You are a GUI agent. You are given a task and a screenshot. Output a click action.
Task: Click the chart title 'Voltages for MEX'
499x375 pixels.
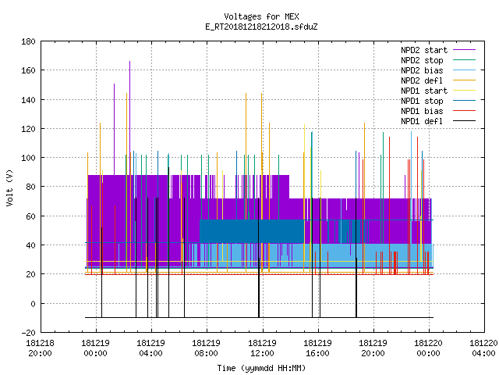[261, 16]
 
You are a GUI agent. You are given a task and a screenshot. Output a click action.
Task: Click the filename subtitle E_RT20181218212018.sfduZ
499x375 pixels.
[261, 27]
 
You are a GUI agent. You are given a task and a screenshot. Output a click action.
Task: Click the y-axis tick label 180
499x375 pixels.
[28, 41]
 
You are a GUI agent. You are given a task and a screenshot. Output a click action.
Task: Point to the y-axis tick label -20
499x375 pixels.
[28, 333]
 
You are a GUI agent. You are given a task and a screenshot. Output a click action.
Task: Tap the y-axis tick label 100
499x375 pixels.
[28, 158]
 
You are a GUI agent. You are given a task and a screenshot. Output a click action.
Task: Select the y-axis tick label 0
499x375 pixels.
[33, 304]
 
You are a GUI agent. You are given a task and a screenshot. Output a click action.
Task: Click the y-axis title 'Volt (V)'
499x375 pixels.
[9, 188]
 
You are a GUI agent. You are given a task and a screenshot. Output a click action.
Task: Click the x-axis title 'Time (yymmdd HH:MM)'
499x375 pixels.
[261, 368]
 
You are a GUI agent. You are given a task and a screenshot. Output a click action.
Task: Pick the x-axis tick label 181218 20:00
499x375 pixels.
[40, 348]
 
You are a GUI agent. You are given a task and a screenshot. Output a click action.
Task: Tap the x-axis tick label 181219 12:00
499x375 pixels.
[262, 348]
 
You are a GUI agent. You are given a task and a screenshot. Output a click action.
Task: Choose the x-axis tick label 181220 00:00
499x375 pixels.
[428, 348]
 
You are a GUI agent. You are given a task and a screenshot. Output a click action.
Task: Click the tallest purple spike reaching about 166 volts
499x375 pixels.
[130, 118]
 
